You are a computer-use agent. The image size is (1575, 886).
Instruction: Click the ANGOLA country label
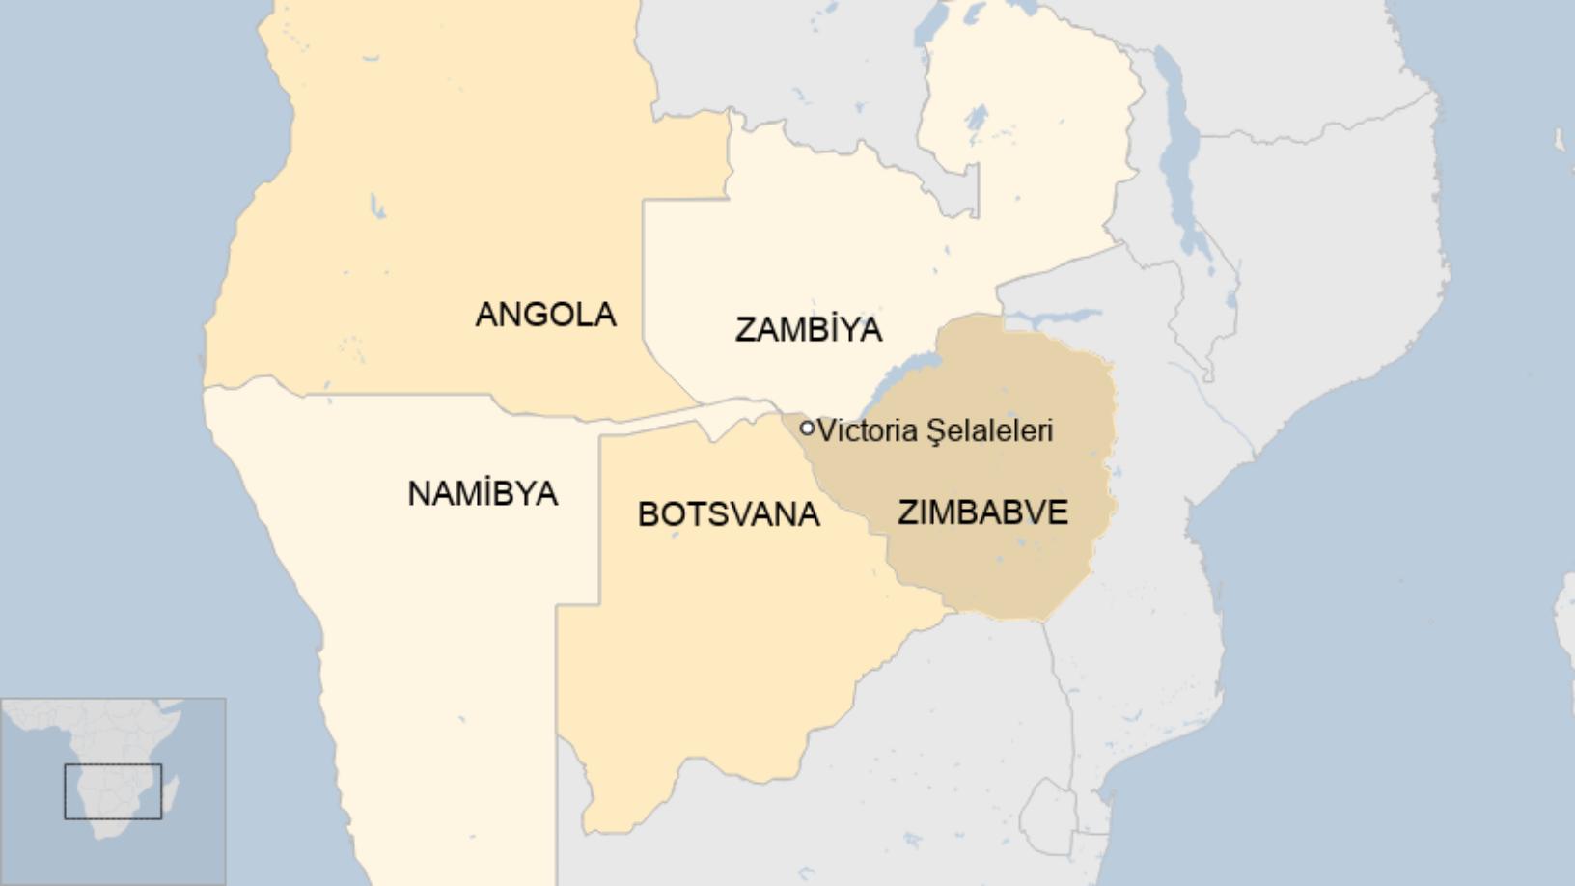545,315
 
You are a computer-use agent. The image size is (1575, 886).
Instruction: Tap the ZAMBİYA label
808,330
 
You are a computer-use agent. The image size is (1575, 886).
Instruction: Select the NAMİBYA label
483,494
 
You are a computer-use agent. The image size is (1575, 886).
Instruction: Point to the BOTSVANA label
729,514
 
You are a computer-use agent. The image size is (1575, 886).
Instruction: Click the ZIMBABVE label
982,512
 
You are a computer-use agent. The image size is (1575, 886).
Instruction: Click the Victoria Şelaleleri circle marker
807,428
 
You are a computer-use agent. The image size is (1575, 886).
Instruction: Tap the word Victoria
867,430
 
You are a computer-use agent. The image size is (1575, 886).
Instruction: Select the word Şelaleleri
989,431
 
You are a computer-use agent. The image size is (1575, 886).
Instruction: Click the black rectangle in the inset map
113,791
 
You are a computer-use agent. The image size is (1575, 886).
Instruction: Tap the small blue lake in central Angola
375,207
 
